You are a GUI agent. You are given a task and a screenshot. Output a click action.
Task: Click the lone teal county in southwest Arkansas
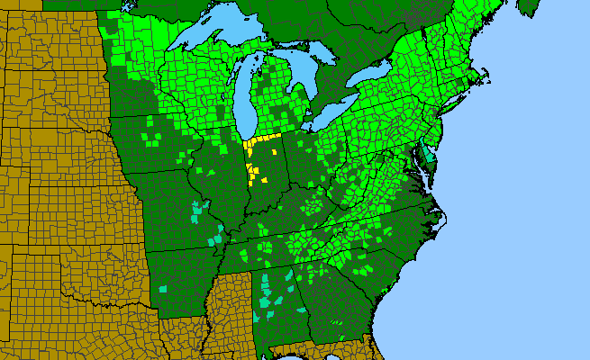pyautogui.click(x=164, y=289)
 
